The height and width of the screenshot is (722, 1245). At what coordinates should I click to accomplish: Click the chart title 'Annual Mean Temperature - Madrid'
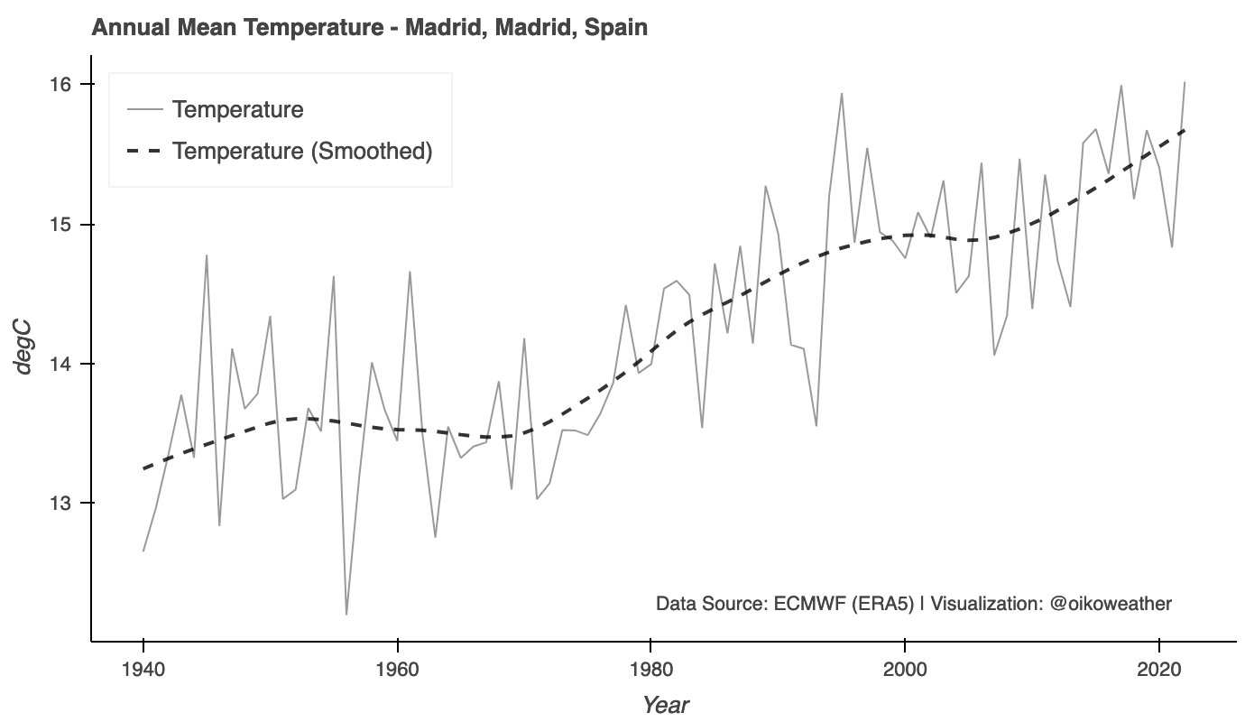pyautogui.click(x=369, y=27)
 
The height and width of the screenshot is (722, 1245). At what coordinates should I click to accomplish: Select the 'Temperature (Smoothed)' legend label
pyautogui.click(x=302, y=151)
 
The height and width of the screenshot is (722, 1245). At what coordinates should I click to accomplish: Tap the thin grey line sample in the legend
pyautogui.click(x=144, y=109)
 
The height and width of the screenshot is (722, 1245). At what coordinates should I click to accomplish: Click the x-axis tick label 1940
pyautogui.click(x=143, y=670)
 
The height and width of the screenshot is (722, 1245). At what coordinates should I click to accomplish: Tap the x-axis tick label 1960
pyautogui.click(x=397, y=670)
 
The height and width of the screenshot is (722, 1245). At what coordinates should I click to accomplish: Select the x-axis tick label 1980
pyautogui.click(x=650, y=670)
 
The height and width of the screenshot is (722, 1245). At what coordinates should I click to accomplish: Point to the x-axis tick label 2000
pyautogui.click(x=904, y=670)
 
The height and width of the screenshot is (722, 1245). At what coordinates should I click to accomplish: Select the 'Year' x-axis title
pyautogui.click(x=666, y=705)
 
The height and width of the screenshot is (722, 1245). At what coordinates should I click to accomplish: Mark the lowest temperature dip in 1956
pyautogui.click(x=346, y=614)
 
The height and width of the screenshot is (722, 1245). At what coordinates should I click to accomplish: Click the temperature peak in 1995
pyautogui.click(x=842, y=94)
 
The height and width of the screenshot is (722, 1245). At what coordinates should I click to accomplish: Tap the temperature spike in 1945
pyautogui.click(x=207, y=255)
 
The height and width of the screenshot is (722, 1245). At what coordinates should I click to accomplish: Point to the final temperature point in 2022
pyautogui.click(x=1184, y=82)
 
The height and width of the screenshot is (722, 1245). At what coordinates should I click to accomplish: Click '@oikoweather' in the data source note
pyautogui.click(x=1111, y=603)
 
